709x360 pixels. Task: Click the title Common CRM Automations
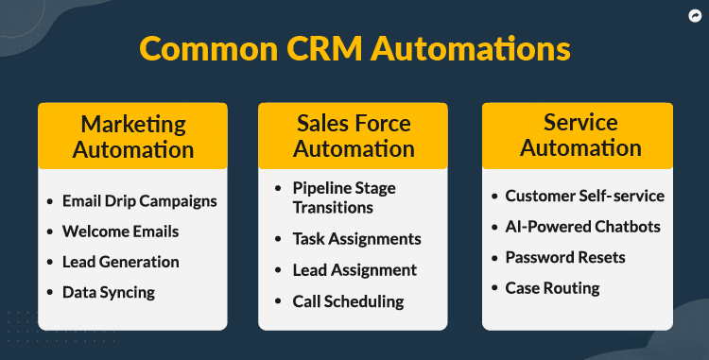coord(354,48)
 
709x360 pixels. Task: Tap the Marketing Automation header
coord(132,136)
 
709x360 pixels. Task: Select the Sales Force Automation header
coord(354,136)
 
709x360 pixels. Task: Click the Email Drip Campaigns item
coord(139,201)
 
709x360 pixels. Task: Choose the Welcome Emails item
coord(120,231)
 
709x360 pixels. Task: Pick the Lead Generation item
coord(120,262)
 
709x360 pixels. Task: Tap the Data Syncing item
coord(109,292)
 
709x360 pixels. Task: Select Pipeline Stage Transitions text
coord(345,197)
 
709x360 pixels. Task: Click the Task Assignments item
coord(356,239)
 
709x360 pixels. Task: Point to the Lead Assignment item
coord(354,270)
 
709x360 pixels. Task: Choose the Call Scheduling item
coord(348,301)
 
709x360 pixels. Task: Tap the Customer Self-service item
coord(584,197)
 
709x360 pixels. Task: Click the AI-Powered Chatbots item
coord(582,227)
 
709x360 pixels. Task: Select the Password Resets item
coord(565,257)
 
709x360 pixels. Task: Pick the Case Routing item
coord(552,287)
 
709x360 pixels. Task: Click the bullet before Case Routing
coord(494,288)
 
